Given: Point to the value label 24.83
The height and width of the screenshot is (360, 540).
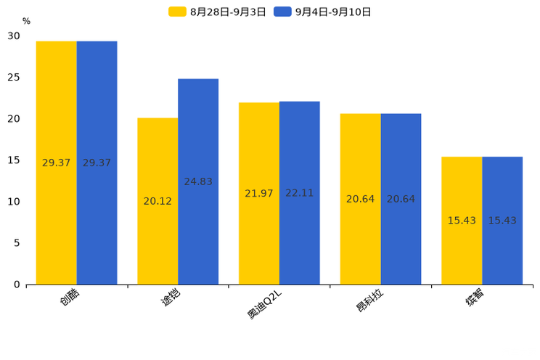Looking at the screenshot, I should [198, 181].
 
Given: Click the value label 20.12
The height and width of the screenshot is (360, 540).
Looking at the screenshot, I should [157, 201].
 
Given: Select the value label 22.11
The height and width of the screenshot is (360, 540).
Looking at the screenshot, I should [300, 193].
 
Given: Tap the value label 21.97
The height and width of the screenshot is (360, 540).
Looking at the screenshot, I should [259, 193].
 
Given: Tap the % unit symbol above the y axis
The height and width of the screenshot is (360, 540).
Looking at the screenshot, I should [26, 22].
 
